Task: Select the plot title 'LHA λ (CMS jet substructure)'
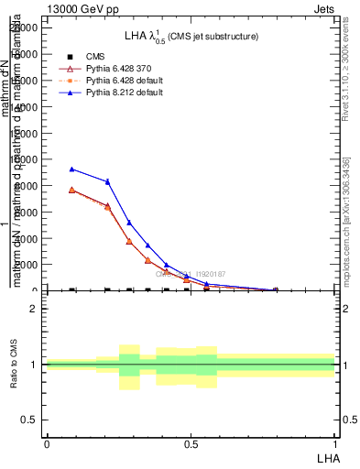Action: point(191,36)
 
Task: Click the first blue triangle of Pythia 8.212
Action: point(72,169)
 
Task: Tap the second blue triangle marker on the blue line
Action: point(108,181)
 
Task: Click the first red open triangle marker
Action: point(72,190)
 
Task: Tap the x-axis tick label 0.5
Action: point(191,442)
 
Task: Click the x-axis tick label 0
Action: point(47,442)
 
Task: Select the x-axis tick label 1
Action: point(335,442)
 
